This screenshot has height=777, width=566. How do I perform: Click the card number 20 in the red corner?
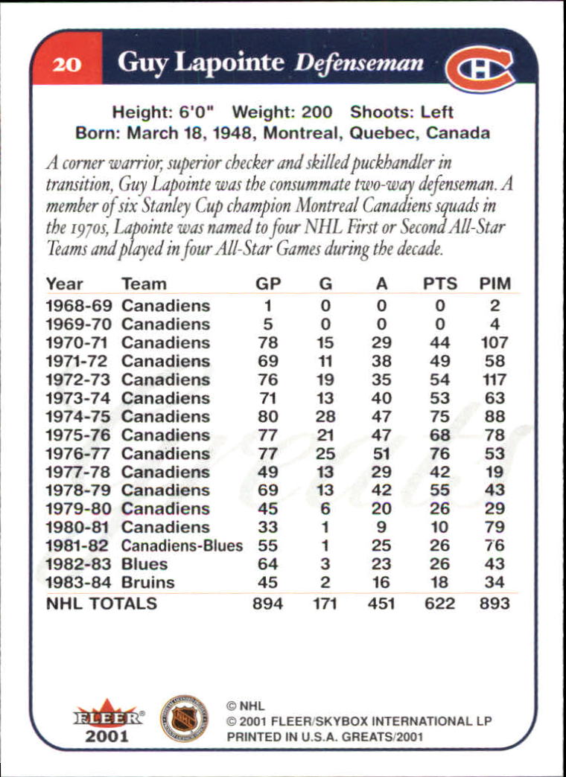pyautogui.click(x=67, y=65)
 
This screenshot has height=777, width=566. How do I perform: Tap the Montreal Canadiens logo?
pyautogui.click(x=480, y=68)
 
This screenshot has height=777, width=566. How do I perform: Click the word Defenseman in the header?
pyautogui.click(x=359, y=63)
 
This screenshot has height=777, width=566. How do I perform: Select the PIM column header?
pyautogui.click(x=495, y=284)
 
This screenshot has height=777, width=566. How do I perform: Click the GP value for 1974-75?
pyautogui.click(x=267, y=417)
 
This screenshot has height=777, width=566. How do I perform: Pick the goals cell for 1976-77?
pyautogui.click(x=325, y=453)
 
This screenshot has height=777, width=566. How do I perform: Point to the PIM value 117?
pyautogui.click(x=495, y=380)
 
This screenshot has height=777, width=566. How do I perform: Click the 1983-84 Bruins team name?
pyautogui.click(x=147, y=583)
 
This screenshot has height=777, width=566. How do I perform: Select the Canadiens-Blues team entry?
pyautogui.click(x=182, y=546)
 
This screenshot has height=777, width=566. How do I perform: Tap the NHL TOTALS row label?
pyautogui.click(x=101, y=604)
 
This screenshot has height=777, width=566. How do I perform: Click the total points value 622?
pyautogui.click(x=439, y=604)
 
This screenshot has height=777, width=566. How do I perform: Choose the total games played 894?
pyautogui.click(x=267, y=604)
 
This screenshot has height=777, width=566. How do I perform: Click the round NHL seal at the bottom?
pyautogui.click(x=184, y=718)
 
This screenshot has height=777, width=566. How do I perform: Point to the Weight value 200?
pyautogui.click(x=317, y=112)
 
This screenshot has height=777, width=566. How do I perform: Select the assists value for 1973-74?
pyautogui.click(x=381, y=398)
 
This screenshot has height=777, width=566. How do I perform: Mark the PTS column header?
pyautogui.click(x=439, y=284)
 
